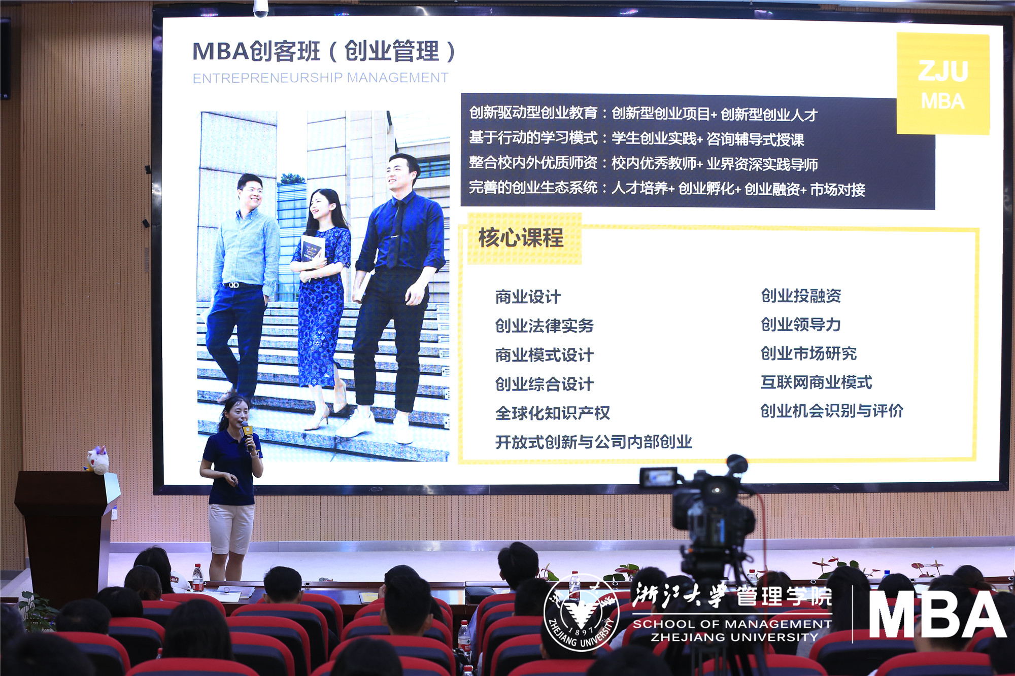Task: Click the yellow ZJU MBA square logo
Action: [943, 84]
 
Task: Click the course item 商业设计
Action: [528, 297]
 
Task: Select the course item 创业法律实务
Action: [544, 326]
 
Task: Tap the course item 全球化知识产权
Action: [552, 413]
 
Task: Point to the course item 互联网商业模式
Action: [816, 382]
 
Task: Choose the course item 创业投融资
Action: [801, 296]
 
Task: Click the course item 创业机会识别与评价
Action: [831, 411]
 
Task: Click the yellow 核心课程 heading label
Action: [523, 238]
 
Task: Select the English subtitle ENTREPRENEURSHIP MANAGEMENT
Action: [320, 78]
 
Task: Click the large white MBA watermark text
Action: [937, 614]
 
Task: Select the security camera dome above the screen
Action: [260, 8]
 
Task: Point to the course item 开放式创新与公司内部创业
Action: [593, 442]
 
